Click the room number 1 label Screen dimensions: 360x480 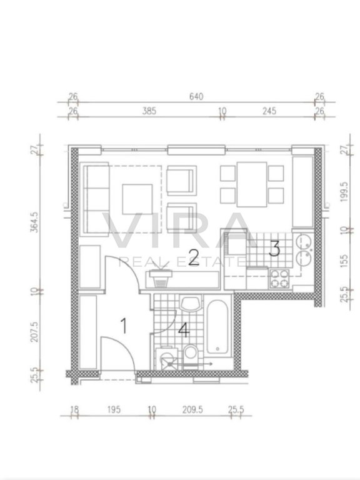pos(124,326)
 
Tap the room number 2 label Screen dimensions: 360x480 pos(194,257)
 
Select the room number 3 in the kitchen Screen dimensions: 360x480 pos(274,248)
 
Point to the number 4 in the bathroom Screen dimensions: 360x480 pos(184,330)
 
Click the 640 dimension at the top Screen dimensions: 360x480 pos(196,96)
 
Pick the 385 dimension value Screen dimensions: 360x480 pos(149,111)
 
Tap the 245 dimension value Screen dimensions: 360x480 pos(269,111)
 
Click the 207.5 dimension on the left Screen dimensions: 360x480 pos(34,331)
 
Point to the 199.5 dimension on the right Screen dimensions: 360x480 pos(344,192)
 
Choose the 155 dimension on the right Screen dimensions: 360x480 pos(344,261)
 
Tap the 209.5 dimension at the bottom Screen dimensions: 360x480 pos(192,409)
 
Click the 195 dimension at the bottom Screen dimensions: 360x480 pos(114,409)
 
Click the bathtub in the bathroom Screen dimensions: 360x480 pos(217,327)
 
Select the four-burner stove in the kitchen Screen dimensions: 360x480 pos(279,279)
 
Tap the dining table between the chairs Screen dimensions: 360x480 pos(252,184)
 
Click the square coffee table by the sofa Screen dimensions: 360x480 pos(137,199)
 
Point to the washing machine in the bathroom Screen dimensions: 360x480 pos(167,359)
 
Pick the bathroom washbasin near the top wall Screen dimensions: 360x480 pos(191,304)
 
